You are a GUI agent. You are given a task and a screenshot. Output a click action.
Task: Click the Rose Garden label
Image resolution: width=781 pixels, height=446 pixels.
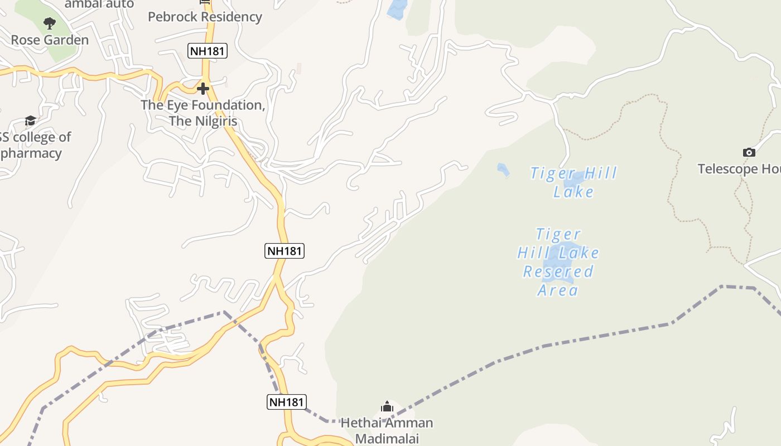[50, 40]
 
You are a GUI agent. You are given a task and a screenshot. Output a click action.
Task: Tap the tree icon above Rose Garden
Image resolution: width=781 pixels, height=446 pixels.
[50, 23]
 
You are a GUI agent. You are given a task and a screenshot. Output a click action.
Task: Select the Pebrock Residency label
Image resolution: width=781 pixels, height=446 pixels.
[205, 17]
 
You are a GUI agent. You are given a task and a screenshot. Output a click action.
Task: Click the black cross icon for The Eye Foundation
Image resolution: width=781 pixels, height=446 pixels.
[203, 88]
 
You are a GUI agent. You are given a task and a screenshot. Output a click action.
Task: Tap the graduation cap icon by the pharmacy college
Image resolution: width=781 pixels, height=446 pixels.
[30, 121]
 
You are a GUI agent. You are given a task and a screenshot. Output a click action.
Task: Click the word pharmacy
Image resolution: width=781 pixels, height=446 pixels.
[31, 153]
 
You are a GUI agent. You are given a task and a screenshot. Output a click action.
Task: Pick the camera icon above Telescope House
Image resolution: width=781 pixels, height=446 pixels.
[749, 152]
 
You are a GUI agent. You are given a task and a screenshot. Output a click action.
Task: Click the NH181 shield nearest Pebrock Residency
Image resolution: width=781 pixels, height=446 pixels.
[208, 51]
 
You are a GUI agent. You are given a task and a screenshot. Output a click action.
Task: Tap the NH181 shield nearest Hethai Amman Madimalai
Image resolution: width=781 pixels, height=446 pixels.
[287, 402]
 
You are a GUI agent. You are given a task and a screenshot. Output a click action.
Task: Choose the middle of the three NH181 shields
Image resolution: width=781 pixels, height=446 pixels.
[285, 251]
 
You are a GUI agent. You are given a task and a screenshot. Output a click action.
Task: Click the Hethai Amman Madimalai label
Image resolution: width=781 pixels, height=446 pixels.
[387, 430]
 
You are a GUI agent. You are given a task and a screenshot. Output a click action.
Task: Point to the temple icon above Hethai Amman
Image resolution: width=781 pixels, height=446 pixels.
[387, 407]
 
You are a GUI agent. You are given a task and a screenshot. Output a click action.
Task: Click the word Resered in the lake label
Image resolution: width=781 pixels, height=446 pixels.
[558, 272]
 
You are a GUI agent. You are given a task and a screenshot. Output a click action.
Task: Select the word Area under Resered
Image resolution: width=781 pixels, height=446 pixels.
[558, 290]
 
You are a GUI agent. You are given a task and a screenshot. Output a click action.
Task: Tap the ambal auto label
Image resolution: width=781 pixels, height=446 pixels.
[99, 4]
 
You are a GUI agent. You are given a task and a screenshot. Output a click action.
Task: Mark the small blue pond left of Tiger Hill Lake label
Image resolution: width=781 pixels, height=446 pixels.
[503, 169]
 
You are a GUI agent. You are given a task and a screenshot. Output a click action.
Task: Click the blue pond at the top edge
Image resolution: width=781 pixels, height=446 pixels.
[397, 9]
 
